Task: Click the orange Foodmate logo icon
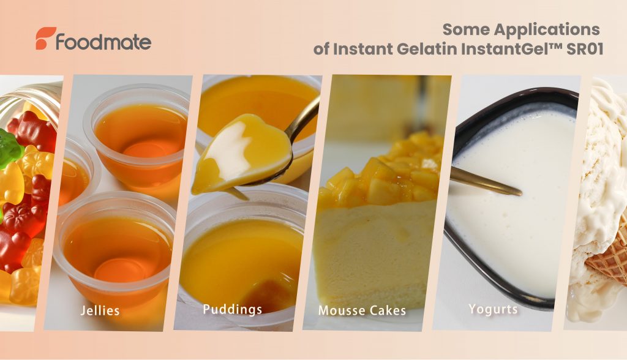(45, 38)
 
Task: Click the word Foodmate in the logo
(103, 42)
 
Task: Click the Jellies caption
(100, 310)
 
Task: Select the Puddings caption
(232, 310)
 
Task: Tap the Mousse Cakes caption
(362, 310)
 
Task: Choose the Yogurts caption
(493, 309)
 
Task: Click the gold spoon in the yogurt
(486, 182)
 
